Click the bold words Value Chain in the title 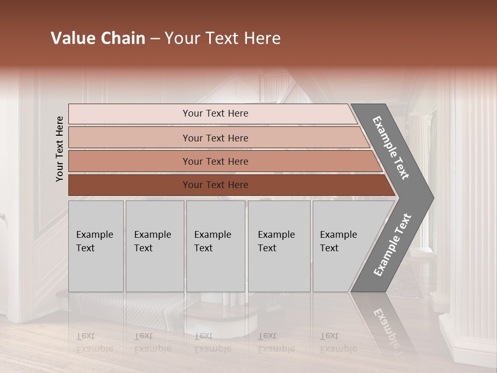tap(98, 38)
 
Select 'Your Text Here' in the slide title tap(223, 38)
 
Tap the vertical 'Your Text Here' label tap(60, 149)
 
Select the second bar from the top tap(215, 138)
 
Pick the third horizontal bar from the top tap(215, 161)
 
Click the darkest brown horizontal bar tap(215, 185)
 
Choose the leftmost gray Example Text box tap(96, 246)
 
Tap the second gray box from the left tap(154, 246)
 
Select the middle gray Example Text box tap(215, 246)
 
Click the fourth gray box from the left tap(279, 246)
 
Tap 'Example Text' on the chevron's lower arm tap(392, 245)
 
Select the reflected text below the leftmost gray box tap(94, 342)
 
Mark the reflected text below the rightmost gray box tap(338, 342)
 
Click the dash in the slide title tap(155, 39)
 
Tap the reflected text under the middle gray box tap(212, 342)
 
